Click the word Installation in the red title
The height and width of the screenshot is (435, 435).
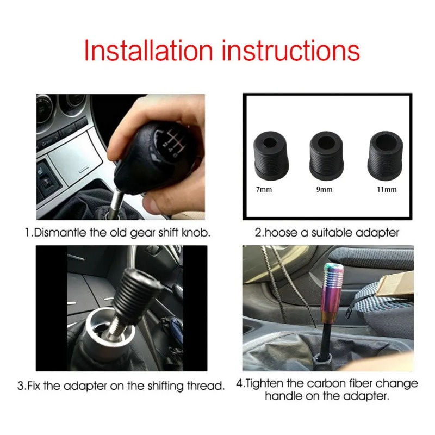(x=148, y=50)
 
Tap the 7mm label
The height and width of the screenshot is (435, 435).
(x=264, y=189)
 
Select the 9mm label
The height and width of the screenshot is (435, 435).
(x=324, y=189)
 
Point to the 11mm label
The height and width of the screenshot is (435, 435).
(x=387, y=189)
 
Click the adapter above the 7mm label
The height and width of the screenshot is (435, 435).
(x=270, y=156)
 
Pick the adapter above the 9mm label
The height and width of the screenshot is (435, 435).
(x=327, y=156)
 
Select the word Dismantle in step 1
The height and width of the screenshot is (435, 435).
(x=60, y=233)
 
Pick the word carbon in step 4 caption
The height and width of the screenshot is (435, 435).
(x=325, y=383)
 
